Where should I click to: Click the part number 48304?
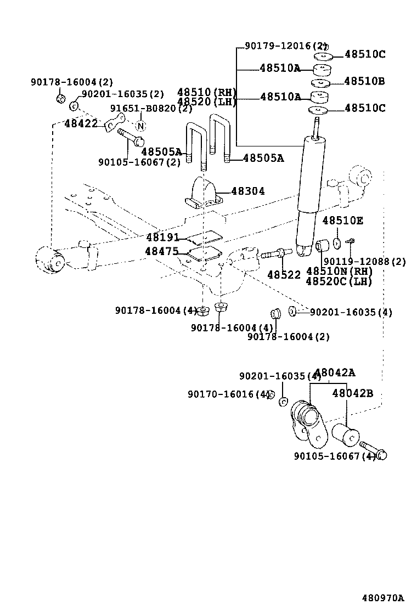(x=247, y=191)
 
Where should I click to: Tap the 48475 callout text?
(x=161, y=251)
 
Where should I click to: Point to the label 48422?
(x=81, y=124)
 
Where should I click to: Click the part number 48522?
(x=284, y=274)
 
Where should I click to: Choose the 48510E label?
(x=342, y=221)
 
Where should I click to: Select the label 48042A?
(x=335, y=373)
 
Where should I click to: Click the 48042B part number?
(x=352, y=393)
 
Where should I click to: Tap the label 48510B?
(x=364, y=82)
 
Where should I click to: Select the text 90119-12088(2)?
(x=365, y=262)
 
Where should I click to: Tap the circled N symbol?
(x=140, y=126)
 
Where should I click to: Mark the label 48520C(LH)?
(x=339, y=281)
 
